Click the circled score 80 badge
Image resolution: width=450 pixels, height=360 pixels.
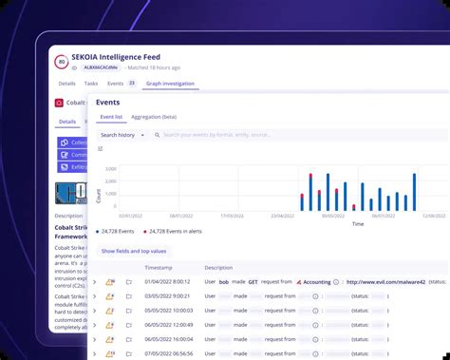(x=63, y=63)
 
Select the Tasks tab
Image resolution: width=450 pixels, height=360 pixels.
(x=91, y=84)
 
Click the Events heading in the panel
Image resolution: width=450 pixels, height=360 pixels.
(x=107, y=101)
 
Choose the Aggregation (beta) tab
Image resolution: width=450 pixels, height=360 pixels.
(x=154, y=117)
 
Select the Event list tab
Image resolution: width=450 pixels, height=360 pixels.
(x=112, y=117)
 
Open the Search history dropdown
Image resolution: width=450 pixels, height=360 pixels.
(x=122, y=135)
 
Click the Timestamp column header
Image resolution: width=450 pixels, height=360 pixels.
(x=159, y=268)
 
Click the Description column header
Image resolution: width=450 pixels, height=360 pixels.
(x=217, y=268)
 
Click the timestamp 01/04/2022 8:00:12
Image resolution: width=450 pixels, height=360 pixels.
(x=168, y=282)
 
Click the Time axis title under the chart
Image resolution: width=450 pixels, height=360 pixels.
(x=357, y=224)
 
